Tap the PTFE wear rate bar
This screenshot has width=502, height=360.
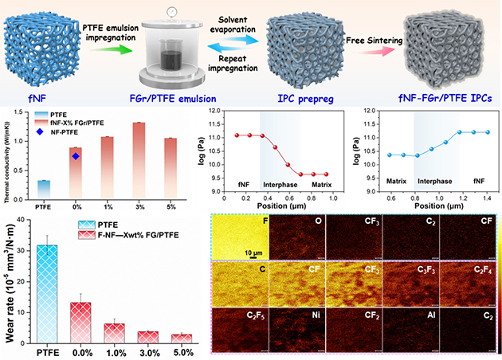coord(48,295)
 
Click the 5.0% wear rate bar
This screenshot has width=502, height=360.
coord(183,338)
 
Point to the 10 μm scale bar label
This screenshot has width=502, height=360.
coord(233,252)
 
